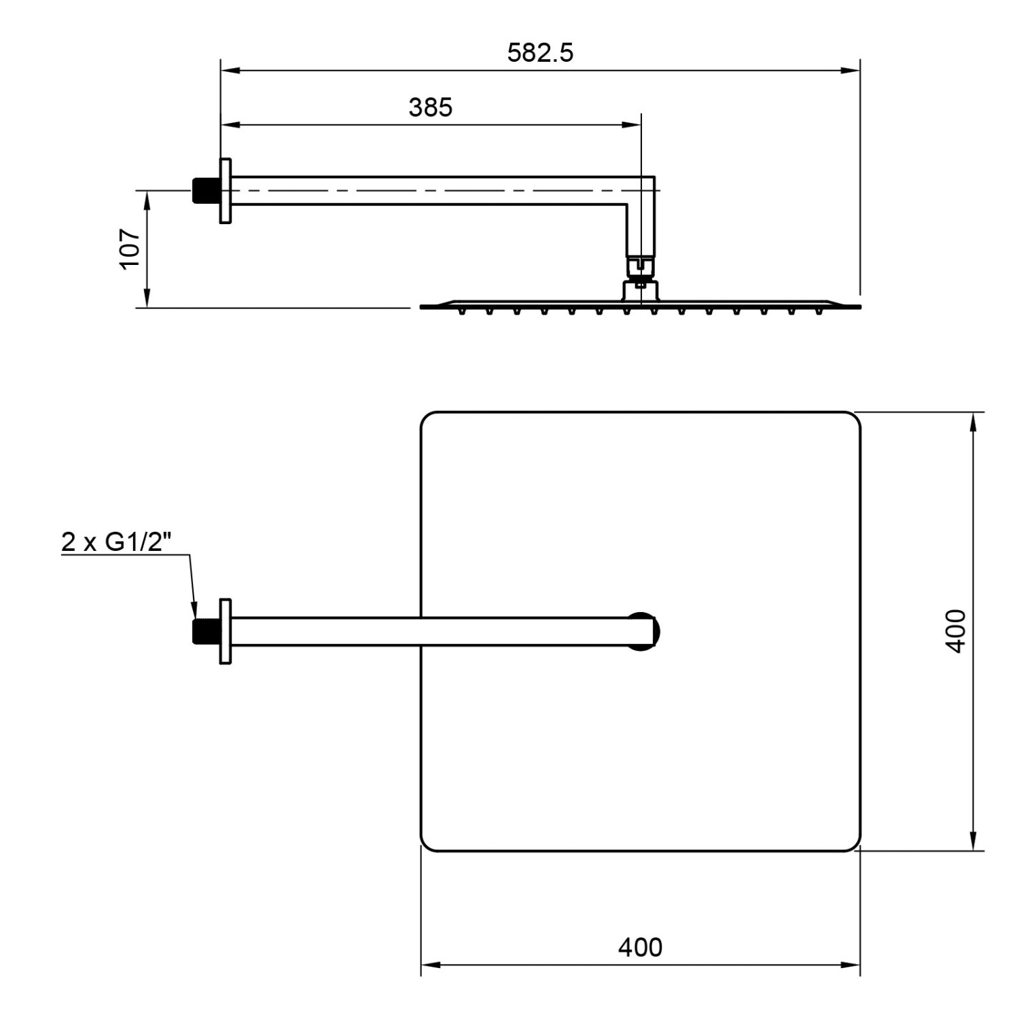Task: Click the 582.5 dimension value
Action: tap(540, 53)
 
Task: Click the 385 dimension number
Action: tap(430, 107)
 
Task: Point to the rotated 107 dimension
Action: tap(130, 249)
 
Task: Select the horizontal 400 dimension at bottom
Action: tap(639, 947)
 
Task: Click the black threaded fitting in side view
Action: tap(203, 191)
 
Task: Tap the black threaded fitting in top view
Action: tap(203, 631)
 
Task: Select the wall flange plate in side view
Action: tap(225, 190)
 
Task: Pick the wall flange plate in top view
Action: tap(225, 631)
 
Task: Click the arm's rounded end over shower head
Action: tap(645, 631)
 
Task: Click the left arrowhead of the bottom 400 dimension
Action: tap(430, 965)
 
